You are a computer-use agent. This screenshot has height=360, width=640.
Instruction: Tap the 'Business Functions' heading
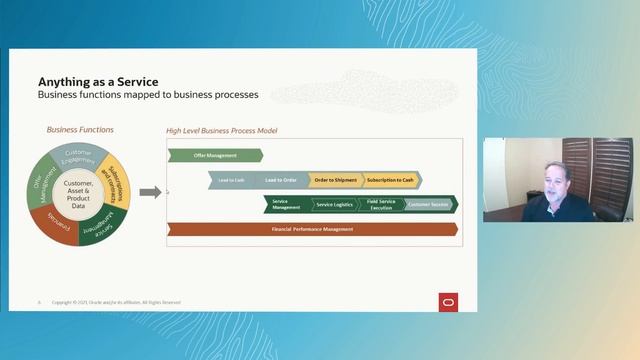pyautogui.click(x=80, y=130)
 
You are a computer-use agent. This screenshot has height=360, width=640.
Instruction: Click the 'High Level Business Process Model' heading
pyautogui.click(x=221, y=131)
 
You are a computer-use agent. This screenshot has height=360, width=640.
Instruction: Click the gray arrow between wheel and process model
pyautogui.click(x=148, y=192)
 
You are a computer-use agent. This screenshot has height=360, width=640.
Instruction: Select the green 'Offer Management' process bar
pyautogui.click(x=214, y=155)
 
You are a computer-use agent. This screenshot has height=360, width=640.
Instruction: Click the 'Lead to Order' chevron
pyautogui.click(x=281, y=180)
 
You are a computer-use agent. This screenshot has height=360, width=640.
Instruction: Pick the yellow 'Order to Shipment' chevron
pyautogui.click(x=333, y=180)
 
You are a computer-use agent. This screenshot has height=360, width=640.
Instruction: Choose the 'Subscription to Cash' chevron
pyautogui.click(x=390, y=180)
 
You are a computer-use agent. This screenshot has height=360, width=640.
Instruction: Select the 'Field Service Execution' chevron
pyautogui.click(x=381, y=204)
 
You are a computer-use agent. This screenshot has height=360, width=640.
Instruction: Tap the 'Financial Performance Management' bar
pyautogui.click(x=312, y=229)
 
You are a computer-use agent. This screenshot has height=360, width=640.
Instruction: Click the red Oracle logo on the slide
pyautogui.click(x=448, y=301)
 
